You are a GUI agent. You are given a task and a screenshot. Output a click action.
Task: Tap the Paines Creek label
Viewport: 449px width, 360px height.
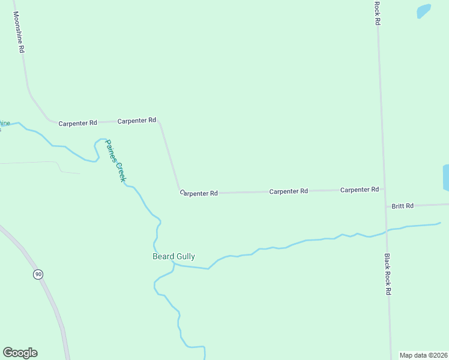click(115, 161)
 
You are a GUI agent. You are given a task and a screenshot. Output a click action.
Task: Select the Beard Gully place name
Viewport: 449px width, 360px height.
click(173, 256)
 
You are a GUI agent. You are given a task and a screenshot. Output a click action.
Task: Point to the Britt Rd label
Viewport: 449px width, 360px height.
click(403, 206)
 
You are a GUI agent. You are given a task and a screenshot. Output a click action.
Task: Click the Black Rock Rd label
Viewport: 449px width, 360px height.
click(388, 274)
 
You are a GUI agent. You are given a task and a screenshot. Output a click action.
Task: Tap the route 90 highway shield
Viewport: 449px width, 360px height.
click(38, 274)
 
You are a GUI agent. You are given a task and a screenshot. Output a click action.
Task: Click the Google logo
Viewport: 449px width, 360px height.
click(20, 353)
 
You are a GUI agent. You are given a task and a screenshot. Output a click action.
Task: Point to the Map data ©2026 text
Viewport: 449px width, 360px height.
click(423, 355)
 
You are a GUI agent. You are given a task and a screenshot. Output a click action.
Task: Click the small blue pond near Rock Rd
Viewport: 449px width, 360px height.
click(424, 11)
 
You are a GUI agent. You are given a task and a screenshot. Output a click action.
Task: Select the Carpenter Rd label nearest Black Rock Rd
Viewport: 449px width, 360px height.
click(359, 190)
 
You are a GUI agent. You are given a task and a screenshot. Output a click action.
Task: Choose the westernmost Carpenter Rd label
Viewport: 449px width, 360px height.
click(77, 123)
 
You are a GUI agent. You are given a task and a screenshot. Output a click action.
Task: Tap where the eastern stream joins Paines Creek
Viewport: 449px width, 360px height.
click(173, 263)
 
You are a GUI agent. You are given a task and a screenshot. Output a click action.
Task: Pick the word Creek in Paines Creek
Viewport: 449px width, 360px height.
click(120, 172)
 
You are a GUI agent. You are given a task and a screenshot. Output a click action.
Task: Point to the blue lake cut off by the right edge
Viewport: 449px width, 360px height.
click(445, 178)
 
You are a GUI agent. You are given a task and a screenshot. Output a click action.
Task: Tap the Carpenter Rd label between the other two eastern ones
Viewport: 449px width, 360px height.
click(288, 191)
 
